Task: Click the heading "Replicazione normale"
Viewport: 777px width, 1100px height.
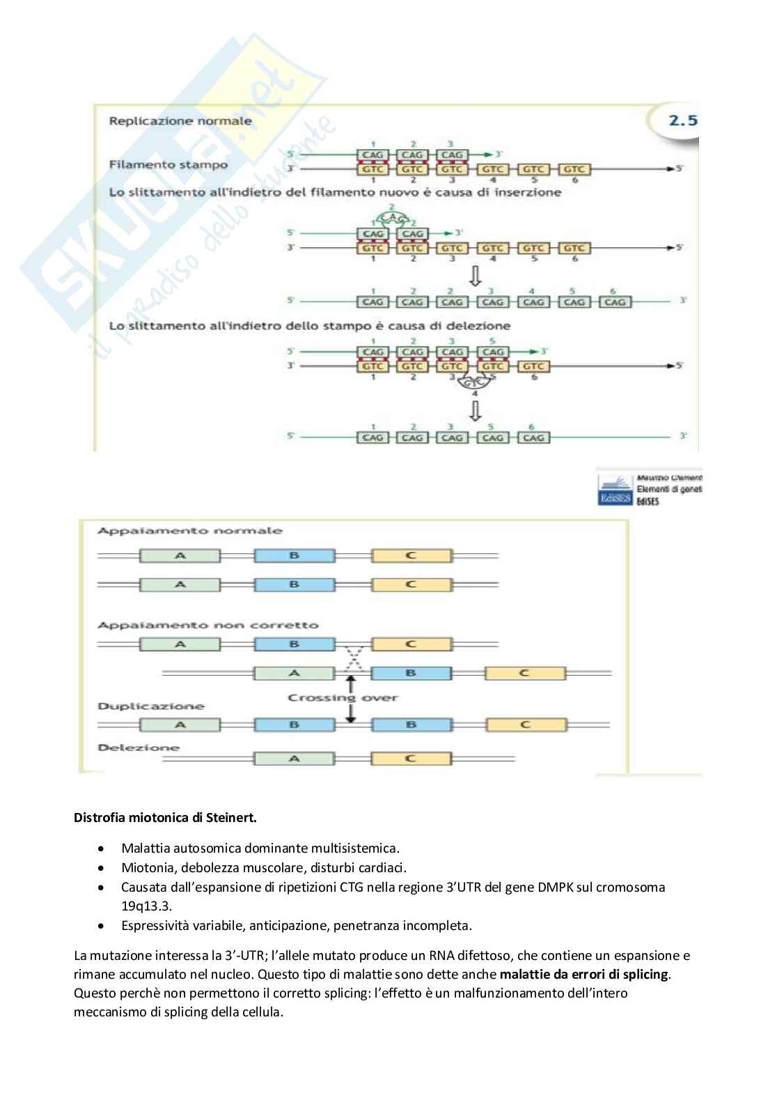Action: coord(180,121)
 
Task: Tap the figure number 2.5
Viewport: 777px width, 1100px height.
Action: coord(682,121)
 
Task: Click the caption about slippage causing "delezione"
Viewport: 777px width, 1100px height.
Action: coord(310,325)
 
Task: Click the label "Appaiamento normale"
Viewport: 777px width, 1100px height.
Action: coord(190,531)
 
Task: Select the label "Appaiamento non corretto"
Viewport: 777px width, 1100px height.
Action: coord(207,625)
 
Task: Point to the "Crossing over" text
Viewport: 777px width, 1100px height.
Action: coord(343,697)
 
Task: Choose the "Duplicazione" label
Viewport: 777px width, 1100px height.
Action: coord(151,706)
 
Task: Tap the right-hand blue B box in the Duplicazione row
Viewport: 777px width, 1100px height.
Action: coord(411,725)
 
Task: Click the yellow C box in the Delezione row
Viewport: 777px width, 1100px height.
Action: coord(410,759)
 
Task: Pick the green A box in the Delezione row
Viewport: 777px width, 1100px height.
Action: coord(294,759)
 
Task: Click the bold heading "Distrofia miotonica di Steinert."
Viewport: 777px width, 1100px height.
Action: coord(165,817)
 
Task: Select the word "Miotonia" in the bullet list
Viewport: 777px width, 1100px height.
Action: coord(146,867)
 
